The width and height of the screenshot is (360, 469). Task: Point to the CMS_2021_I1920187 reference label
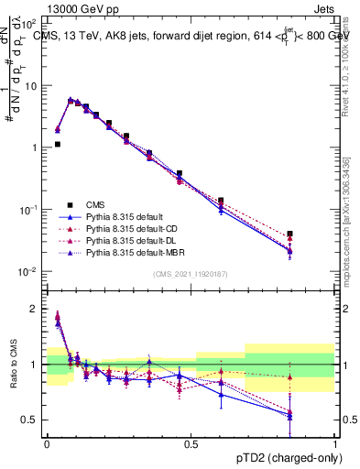(191, 274)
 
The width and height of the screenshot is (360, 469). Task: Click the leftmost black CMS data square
(57, 144)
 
